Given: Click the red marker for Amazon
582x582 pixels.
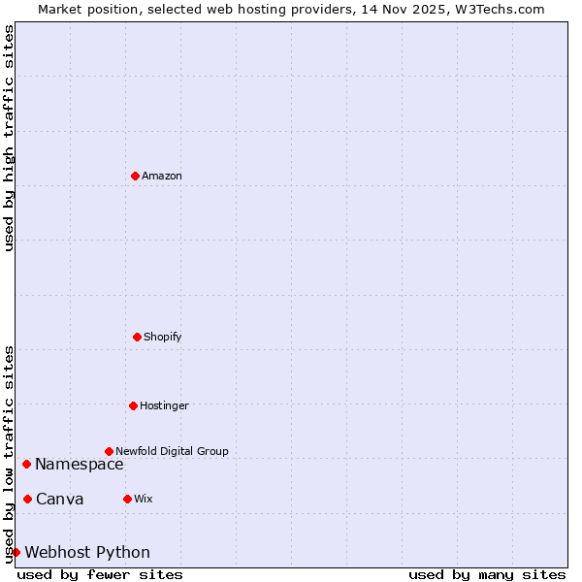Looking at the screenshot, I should tap(135, 176).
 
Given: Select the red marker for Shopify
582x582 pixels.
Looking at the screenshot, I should tap(137, 337).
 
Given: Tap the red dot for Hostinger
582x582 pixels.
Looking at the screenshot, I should tap(133, 405).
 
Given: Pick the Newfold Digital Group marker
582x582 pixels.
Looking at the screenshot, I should tap(109, 451).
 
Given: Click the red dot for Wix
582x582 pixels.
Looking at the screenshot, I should tap(127, 499).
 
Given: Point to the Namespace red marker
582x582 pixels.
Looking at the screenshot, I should tap(26, 464).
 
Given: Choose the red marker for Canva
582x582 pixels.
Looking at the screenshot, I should tap(27, 499).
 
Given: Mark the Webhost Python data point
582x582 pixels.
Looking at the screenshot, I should tap(16, 552).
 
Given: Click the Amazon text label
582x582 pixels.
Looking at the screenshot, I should tap(162, 177).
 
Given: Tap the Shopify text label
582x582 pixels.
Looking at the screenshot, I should tap(163, 338).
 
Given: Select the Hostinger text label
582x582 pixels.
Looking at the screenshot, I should tap(164, 405).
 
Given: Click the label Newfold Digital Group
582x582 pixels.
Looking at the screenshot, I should tap(172, 451).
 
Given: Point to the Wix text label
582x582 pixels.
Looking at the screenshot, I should tap(144, 500).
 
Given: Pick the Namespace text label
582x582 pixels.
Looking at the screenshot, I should tap(80, 465).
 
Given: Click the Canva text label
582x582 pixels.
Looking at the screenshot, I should tap(60, 500).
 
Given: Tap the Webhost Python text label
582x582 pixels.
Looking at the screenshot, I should tap(87, 553).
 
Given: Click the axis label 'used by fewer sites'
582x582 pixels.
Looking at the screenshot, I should tap(100, 574).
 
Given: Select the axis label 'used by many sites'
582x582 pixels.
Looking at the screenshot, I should tap(487, 574).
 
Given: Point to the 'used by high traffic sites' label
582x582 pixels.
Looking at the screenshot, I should tap(9, 138).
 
